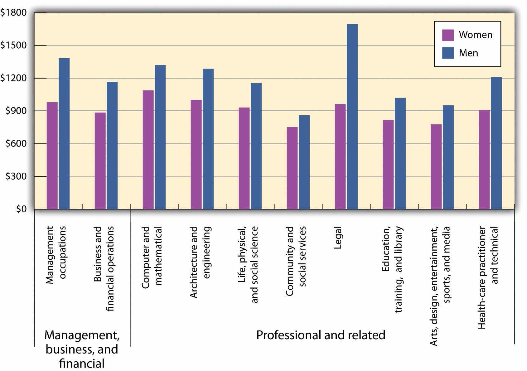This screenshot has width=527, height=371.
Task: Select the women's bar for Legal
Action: pos(340,157)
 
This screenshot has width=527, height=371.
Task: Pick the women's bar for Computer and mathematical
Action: pos(148,150)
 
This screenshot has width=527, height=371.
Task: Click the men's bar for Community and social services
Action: pos(304,162)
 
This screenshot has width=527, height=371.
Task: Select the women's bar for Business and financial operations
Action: pos(100,161)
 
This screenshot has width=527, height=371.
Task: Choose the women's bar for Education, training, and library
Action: pos(388,164)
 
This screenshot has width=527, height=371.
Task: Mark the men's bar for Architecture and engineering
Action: pos(208,139)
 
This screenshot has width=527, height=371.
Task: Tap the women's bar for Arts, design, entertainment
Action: pos(436,166)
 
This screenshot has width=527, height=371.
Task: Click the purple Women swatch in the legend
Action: pos(448,35)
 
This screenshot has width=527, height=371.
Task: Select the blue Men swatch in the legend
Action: pos(448,53)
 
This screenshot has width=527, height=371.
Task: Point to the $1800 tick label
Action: pos(13,13)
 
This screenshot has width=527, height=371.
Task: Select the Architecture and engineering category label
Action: pos(200,262)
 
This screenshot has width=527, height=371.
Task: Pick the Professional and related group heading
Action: pos(321,335)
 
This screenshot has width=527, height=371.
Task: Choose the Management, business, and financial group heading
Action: pos(82,349)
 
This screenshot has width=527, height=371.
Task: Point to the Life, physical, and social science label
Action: pos(248,264)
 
